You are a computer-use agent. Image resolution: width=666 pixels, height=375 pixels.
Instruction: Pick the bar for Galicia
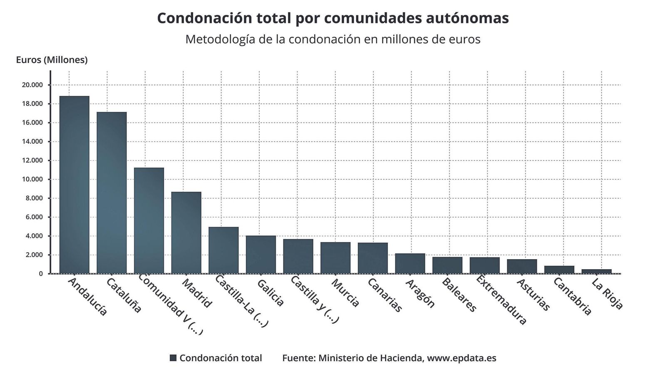point(261,255)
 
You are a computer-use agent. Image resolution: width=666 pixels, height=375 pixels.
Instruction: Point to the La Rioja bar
point(596,271)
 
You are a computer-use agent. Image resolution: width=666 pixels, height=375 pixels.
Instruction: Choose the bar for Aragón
point(410,263)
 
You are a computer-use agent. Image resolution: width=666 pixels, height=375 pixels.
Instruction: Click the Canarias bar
point(373,258)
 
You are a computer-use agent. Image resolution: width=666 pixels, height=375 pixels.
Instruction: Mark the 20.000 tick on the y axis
point(32,85)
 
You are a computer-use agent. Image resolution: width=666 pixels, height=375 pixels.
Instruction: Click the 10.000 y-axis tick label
point(32,179)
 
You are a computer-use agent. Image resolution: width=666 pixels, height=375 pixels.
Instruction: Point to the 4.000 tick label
point(34,236)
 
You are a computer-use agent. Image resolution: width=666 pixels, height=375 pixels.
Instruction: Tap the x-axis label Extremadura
point(501,300)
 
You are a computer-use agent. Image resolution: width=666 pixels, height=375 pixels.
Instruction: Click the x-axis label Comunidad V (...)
point(170,304)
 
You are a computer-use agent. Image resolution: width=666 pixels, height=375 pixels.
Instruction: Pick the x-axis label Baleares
point(458,295)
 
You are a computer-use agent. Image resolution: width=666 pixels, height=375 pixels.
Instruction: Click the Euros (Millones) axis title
point(52,60)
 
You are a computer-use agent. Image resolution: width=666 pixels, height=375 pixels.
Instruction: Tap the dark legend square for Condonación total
point(173,358)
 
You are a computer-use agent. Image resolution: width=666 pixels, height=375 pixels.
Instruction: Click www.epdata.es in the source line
point(462,358)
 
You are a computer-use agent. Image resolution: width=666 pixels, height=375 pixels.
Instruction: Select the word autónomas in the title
point(467,18)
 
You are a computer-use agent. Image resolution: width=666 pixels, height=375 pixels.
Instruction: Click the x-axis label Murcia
point(345,293)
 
